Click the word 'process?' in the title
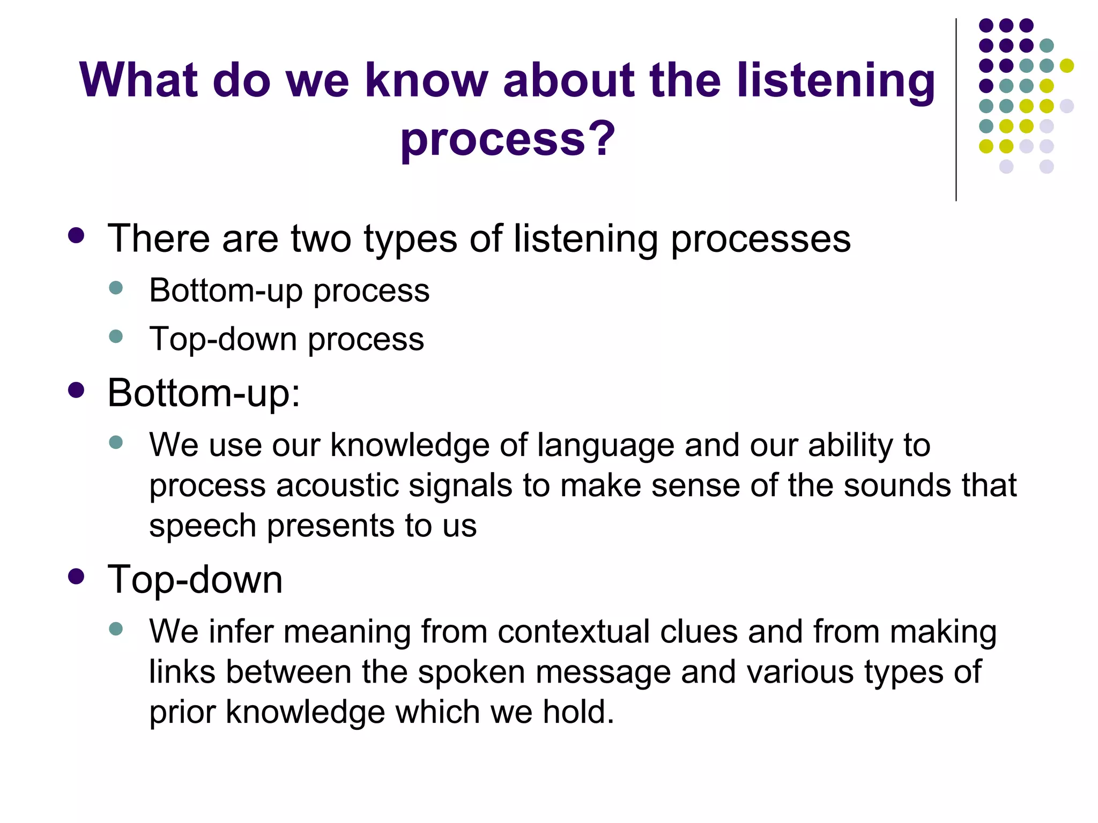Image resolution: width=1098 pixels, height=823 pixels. (507, 139)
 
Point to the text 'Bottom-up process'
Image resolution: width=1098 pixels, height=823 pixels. (289, 291)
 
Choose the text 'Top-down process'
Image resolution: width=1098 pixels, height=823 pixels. (286, 339)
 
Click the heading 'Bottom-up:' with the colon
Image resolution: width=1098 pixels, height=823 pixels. (204, 393)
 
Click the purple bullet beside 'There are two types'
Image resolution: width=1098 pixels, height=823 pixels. (76, 236)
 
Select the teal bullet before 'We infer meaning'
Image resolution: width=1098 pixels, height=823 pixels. (116, 628)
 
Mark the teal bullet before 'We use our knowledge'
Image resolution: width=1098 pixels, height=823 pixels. (116, 442)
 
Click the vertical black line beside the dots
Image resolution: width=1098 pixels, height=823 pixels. (956, 110)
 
